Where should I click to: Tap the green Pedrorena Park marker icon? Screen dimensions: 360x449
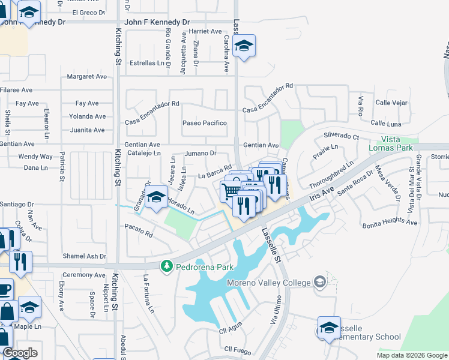(166, 265)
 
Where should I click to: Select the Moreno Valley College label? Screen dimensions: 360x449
(268, 283)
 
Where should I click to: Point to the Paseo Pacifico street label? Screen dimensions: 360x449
(205, 123)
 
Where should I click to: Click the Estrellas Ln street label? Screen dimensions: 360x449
(147, 62)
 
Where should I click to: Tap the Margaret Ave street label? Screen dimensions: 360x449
(87, 76)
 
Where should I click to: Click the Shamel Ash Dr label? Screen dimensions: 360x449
(85, 256)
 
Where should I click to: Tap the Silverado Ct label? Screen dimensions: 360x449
(341, 136)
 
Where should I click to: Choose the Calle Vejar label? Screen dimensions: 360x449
(391, 103)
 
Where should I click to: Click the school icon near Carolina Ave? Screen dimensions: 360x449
(244, 46)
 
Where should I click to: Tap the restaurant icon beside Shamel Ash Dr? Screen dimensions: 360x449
(21, 262)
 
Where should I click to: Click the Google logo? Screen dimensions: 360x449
(20, 353)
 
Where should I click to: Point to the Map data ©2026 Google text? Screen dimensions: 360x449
(411, 355)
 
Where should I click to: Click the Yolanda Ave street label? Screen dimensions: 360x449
(88, 116)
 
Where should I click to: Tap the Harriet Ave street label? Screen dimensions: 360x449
(205, 31)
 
